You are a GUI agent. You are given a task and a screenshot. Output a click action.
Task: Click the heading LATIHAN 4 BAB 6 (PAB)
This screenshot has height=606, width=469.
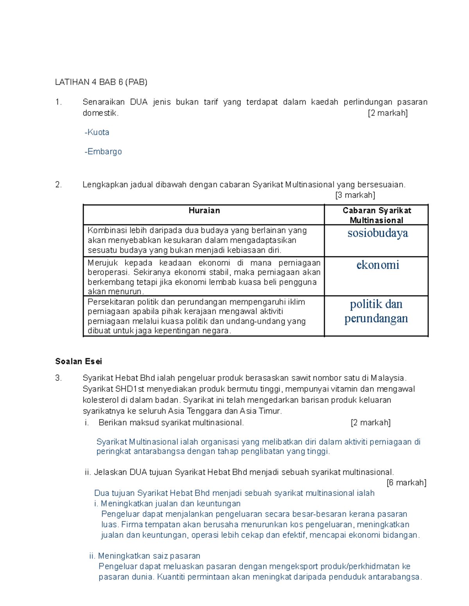pyautogui.click(x=101, y=82)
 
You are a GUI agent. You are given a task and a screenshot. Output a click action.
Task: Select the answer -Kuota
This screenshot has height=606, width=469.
pyautogui.click(x=97, y=132)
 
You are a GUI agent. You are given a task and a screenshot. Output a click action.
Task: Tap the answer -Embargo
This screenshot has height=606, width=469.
pyautogui.click(x=103, y=151)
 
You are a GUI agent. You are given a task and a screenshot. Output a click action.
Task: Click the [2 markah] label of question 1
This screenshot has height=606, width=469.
pyautogui.click(x=387, y=113)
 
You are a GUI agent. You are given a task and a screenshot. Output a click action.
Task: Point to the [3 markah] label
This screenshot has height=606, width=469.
pyautogui.click(x=355, y=195)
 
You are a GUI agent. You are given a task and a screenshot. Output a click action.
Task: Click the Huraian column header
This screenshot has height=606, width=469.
pyautogui.click(x=204, y=211)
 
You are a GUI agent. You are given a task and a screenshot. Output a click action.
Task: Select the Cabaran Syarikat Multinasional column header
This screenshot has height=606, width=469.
pyautogui.click(x=377, y=215)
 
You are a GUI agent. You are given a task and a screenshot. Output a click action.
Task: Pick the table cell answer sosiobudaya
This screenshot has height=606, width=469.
pyautogui.click(x=378, y=233)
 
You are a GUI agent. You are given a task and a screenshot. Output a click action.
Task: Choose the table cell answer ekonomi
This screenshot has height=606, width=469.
pyautogui.click(x=378, y=265)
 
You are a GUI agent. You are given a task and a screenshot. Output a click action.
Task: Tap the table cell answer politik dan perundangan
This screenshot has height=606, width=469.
pyautogui.click(x=376, y=311)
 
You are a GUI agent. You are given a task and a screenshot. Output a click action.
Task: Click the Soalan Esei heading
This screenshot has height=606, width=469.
pyautogui.click(x=79, y=361)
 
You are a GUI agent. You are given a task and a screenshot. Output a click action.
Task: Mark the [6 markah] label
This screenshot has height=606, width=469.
pyautogui.click(x=406, y=483)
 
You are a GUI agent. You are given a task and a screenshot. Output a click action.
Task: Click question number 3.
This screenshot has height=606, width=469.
pyautogui.click(x=59, y=378)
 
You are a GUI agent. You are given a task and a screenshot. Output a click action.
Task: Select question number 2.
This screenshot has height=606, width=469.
pyautogui.click(x=59, y=185)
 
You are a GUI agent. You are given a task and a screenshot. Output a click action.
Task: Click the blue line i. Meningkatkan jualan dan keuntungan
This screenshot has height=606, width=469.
pyautogui.click(x=167, y=503)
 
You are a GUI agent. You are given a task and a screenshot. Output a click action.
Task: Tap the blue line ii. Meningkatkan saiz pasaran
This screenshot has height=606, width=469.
pyautogui.click(x=145, y=556)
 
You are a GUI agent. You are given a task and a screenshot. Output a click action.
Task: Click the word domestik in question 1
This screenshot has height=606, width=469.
pyautogui.click(x=100, y=113)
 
